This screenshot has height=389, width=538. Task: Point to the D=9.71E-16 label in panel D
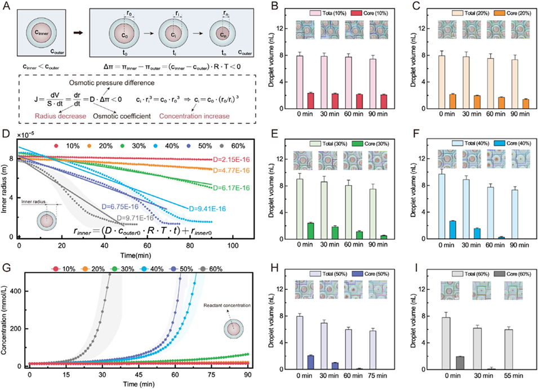coord(135,217)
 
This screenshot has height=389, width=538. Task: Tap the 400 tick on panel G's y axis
coord(16,291)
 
